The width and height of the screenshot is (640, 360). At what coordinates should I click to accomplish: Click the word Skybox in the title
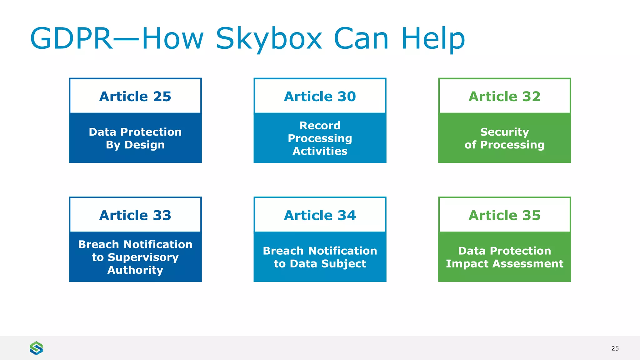[x=269, y=39]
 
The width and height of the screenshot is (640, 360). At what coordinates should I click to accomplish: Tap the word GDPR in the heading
[x=71, y=39]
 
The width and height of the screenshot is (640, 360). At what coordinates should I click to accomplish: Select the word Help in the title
[x=433, y=39]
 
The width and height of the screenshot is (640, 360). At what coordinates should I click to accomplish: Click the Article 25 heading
[x=135, y=97]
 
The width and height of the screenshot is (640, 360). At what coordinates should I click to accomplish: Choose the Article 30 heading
[x=320, y=97]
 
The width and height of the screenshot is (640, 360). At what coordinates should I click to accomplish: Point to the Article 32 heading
[x=504, y=97]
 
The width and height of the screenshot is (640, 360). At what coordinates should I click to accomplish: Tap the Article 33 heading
[x=135, y=215]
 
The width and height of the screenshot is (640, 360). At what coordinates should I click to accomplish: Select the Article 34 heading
[x=320, y=215]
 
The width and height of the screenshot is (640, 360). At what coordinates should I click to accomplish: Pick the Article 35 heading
[x=504, y=215]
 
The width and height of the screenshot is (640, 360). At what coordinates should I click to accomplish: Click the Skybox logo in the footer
[x=36, y=348]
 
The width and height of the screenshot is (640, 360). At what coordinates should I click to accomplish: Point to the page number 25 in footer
[x=615, y=348]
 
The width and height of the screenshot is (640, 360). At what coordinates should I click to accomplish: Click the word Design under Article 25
[x=144, y=145]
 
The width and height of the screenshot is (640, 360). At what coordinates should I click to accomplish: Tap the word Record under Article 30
[x=320, y=126]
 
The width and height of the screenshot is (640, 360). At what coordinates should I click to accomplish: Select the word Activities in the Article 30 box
[x=320, y=151]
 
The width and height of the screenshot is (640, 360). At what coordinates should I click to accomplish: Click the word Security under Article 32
[x=504, y=132]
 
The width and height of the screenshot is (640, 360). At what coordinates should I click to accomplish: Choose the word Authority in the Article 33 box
[x=135, y=270]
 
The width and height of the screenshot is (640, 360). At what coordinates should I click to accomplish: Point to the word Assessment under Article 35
[x=528, y=264]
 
